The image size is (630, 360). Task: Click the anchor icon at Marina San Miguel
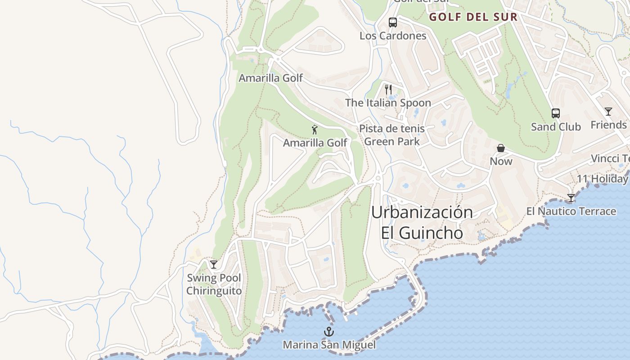(x=329, y=332)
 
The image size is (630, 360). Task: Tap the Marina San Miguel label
(x=329, y=345)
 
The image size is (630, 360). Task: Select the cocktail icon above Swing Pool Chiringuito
(x=214, y=265)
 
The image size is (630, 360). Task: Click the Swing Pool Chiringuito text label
(x=214, y=284)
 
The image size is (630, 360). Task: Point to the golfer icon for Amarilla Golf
(x=315, y=130)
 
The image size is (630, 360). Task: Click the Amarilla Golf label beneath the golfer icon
(x=315, y=143)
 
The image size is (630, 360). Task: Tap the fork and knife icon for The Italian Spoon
(x=388, y=90)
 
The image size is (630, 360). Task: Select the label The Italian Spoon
(x=388, y=103)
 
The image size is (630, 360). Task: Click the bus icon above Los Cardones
(x=393, y=22)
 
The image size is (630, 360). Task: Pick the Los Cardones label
(x=393, y=36)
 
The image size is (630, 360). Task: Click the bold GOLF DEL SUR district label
(x=473, y=18)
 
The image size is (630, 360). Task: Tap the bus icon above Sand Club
(x=556, y=113)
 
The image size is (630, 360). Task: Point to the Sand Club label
(x=556, y=126)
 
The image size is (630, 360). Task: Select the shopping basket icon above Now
(x=501, y=148)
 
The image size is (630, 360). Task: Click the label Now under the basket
(x=501, y=161)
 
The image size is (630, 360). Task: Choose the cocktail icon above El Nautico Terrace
(x=571, y=198)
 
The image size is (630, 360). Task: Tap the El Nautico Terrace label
(x=571, y=211)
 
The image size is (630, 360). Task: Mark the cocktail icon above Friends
(x=608, y=112)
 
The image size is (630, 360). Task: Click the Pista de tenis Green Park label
(x=392, y=135)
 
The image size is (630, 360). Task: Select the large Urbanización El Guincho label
(x=422, y=222)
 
